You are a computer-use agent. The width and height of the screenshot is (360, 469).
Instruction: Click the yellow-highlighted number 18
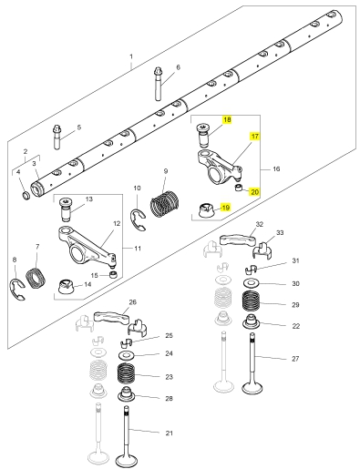pos(227,119)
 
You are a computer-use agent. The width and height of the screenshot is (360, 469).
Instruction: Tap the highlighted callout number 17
pos(255,137)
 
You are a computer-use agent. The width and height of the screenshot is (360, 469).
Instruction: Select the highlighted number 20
pos(254,192)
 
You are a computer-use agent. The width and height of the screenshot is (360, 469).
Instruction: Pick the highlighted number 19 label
pos(225,208)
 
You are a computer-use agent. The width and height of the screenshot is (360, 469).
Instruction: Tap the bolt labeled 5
pos(57,137)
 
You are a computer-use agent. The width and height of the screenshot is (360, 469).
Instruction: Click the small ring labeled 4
pos(26,195)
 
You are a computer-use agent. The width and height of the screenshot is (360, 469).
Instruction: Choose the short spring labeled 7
pos(36,279)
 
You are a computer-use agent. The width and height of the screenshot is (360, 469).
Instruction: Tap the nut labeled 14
pos(66,287)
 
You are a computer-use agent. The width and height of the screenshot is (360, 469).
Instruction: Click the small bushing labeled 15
pos(113,275)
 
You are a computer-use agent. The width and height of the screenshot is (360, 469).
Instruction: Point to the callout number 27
pos(295,359)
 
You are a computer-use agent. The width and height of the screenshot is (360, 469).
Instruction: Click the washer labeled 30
pos(251,283)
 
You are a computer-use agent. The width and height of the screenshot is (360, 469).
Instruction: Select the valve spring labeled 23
pos(126,374)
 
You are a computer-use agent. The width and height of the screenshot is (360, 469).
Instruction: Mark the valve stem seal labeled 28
pos(126,394)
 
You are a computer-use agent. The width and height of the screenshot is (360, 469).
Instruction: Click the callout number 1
pos(131,56)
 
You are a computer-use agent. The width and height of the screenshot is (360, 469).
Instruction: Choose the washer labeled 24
pos(126,354)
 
